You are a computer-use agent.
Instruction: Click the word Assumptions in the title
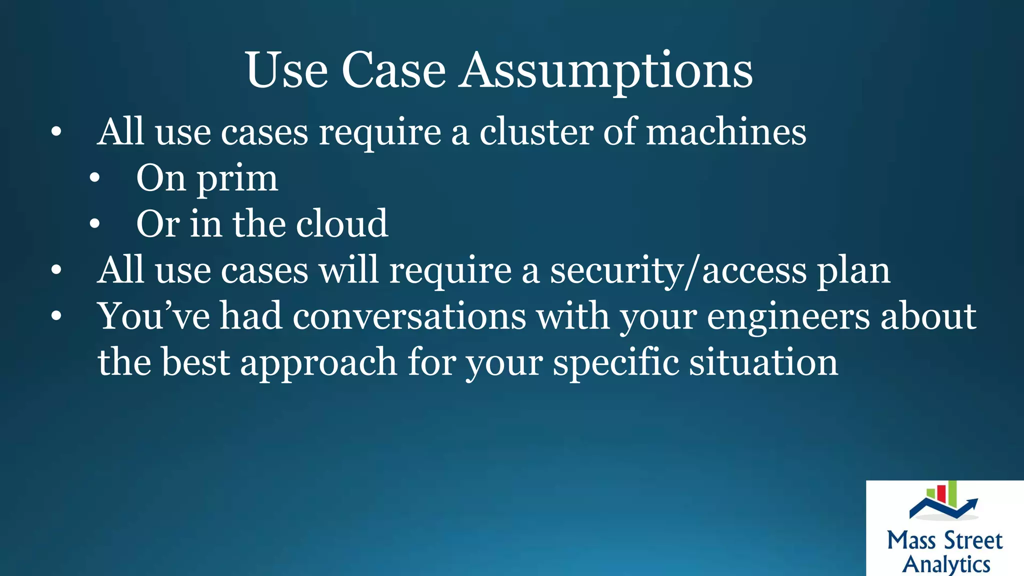pos(605,71)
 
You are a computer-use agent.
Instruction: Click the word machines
pos(726,132)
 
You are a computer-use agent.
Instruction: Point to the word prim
pos(237,179)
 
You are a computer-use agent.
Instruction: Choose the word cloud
pos(341,224)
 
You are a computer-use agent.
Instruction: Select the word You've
pos(153,316)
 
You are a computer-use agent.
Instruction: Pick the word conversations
pos(409,316)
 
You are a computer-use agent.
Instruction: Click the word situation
pos(763,362)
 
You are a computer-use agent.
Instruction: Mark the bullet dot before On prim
pos(95,178)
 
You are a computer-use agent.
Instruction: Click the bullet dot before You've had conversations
pos(56,316)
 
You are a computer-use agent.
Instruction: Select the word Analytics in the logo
pos(946,564)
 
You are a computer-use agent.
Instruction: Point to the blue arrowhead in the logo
pos(972,502)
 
